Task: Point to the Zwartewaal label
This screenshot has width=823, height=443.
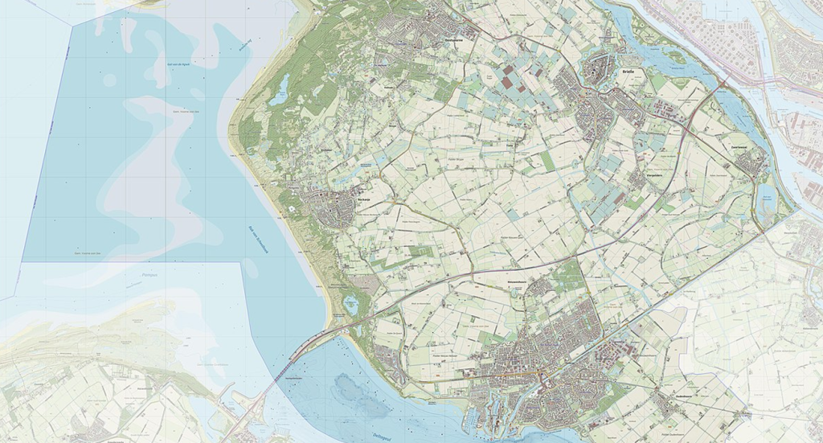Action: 739,147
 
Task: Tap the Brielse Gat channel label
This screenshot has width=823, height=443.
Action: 245,45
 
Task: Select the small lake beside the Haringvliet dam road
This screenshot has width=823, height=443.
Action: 350,304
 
